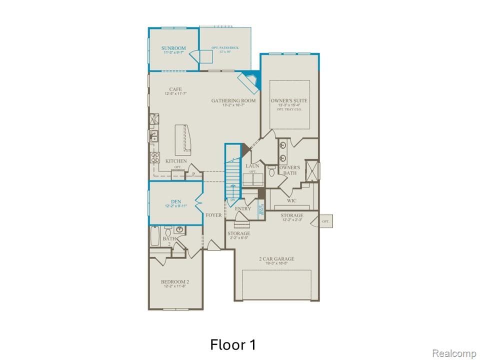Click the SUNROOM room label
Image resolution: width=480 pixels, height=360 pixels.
coord(173,48)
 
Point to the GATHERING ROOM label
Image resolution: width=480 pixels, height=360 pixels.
coord(233,100)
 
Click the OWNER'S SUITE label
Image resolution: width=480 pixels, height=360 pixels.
coord(289,100)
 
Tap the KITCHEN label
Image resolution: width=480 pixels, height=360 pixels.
coord(176,161)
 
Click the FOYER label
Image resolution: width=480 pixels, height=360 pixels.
coord(213,215)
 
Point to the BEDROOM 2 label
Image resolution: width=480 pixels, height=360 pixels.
coord(174,282)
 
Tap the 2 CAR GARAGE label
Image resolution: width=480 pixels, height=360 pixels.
coord(276,258)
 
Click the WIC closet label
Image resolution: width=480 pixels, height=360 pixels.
coord(291,200)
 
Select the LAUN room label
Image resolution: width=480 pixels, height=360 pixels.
coord(251,166)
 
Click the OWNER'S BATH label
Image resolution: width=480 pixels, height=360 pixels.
coord(289,170)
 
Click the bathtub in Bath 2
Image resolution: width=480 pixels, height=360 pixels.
coord(155,236)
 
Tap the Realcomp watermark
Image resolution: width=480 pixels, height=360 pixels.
coord(453,353)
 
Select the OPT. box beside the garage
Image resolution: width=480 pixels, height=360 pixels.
coord(326,221)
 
